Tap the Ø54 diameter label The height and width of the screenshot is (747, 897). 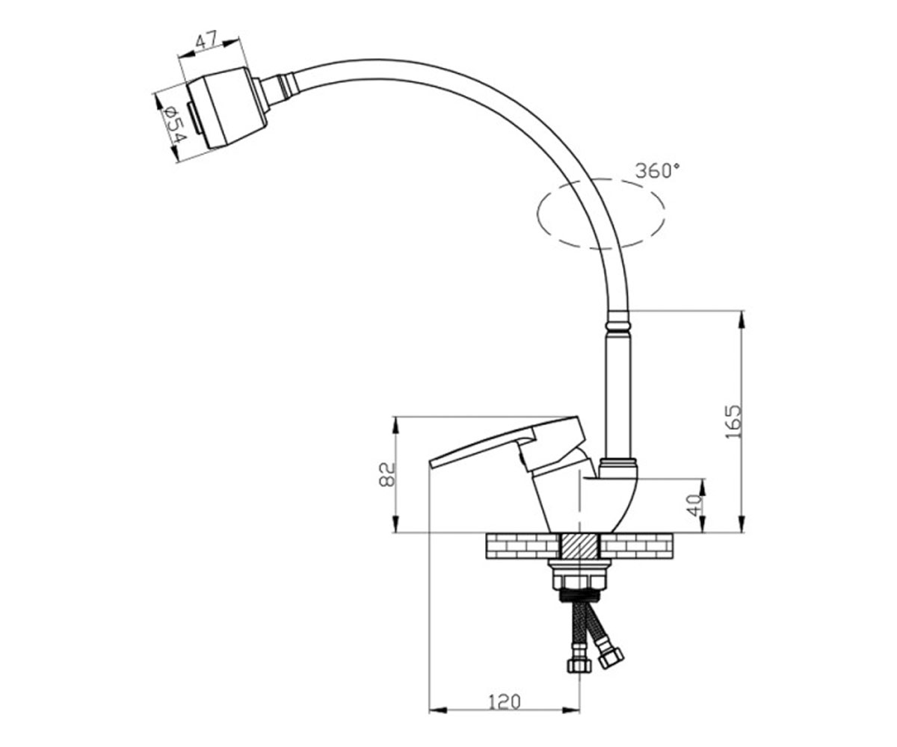click(175, 125)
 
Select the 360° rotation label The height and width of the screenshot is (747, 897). click(658, 171)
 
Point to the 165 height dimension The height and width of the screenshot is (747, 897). click(733, 421)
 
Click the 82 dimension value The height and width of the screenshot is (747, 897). click(386, 474)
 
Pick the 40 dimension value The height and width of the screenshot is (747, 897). click(694, 505)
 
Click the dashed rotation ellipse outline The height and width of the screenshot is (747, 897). click(601, 180)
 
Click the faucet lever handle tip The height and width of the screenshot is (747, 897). click(431, 465)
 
